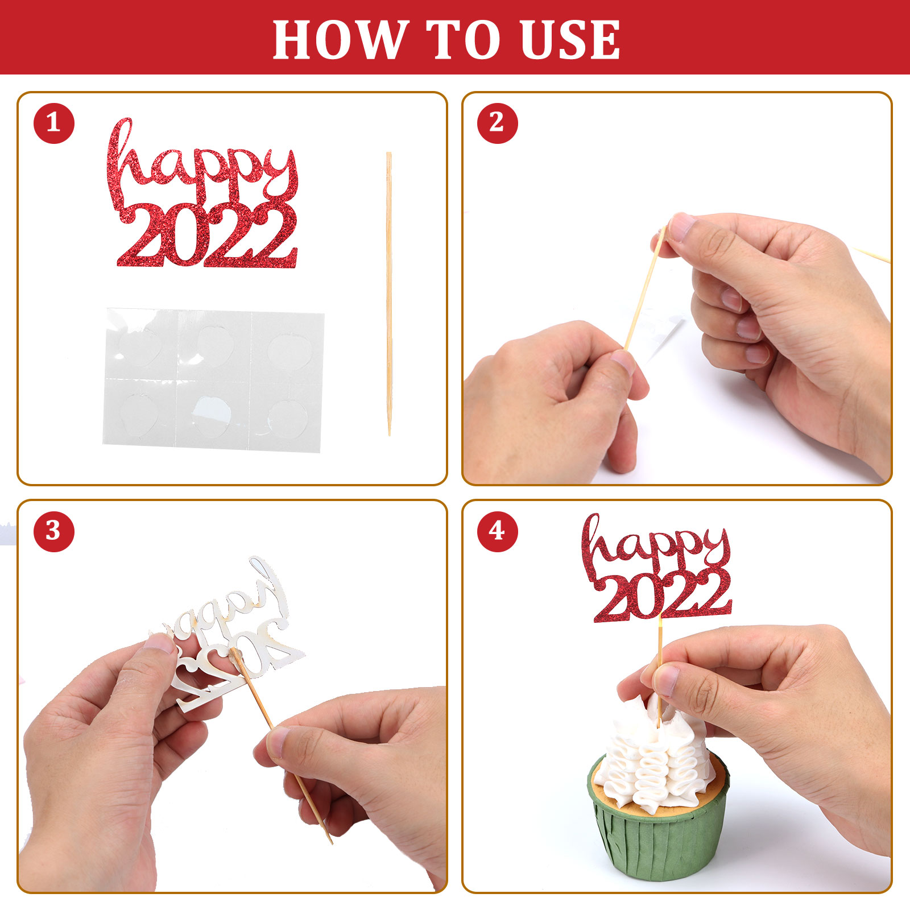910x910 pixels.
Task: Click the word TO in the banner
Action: coord(464,39)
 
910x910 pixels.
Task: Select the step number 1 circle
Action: coord(54,123)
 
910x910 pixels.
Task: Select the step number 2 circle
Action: coord(497,123)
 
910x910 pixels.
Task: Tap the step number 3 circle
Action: coord(54,531)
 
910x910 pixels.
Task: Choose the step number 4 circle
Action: coord(497,531)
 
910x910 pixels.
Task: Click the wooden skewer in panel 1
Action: coord(389,293)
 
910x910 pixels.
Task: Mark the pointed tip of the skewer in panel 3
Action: coord(332,843)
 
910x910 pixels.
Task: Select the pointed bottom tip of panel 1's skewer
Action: coord(390,435)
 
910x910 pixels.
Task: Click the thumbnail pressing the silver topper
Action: coord(159,643)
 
